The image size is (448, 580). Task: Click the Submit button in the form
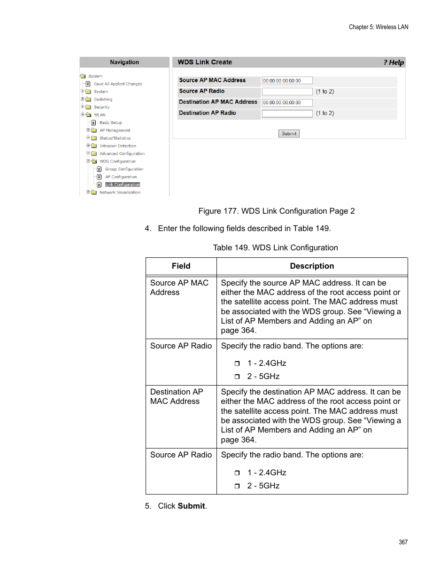click(x=289, y=134)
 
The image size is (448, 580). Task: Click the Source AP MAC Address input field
click(x=287, y=81)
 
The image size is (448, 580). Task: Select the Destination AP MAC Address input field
click(x=287, y=103)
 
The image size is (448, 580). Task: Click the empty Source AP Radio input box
click(x=287, y=92)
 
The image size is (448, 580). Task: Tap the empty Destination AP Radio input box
click(x=287, y=114)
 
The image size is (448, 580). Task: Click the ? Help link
click(x=394, y=62)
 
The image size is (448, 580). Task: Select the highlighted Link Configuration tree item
click(x=122, y=185)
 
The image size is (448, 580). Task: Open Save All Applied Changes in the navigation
click(x=117, y=84)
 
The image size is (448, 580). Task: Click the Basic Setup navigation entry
click(x=110, y=123)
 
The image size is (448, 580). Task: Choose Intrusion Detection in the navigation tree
click(x=117, y=146)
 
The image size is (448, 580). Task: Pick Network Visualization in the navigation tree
click(x=120, y=193)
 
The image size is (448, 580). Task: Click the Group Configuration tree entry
click(x=124, y=169)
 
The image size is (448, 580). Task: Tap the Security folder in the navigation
click(x=101, y=107)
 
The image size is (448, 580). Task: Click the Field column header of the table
click(x=181, y=266)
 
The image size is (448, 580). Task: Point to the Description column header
click(x=312, y=266)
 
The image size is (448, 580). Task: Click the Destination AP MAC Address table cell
click(x=176, y=397)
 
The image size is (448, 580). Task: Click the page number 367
click(x=403, y=542)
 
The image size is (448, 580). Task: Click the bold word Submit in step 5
click(x=191, y=506)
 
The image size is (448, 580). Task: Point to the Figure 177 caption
click(x=276, y=211)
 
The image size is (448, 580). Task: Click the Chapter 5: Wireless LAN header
click(x=378, y=27)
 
